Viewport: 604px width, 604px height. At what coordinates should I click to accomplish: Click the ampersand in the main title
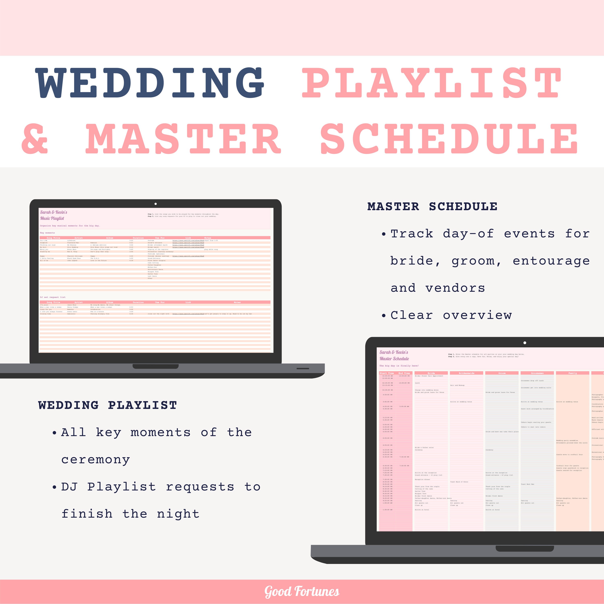pos(35,139)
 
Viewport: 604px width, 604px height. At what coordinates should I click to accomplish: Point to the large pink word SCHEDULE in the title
pos(449,139)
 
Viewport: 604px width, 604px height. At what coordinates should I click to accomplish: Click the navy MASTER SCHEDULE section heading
pos(432,207)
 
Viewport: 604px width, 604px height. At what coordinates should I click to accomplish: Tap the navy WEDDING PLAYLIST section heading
pos(108,405)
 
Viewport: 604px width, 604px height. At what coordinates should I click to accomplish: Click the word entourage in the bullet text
pos(551,261)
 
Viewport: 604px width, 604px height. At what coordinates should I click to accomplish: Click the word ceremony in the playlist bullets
pos(95,460)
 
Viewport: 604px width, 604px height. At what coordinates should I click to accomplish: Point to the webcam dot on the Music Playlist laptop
pos(156,204)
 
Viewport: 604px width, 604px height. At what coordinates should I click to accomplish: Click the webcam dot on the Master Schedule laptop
pos(525,343)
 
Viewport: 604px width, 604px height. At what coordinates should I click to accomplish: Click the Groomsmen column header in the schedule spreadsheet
pos(537,373)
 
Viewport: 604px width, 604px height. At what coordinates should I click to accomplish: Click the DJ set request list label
pos(53,297)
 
